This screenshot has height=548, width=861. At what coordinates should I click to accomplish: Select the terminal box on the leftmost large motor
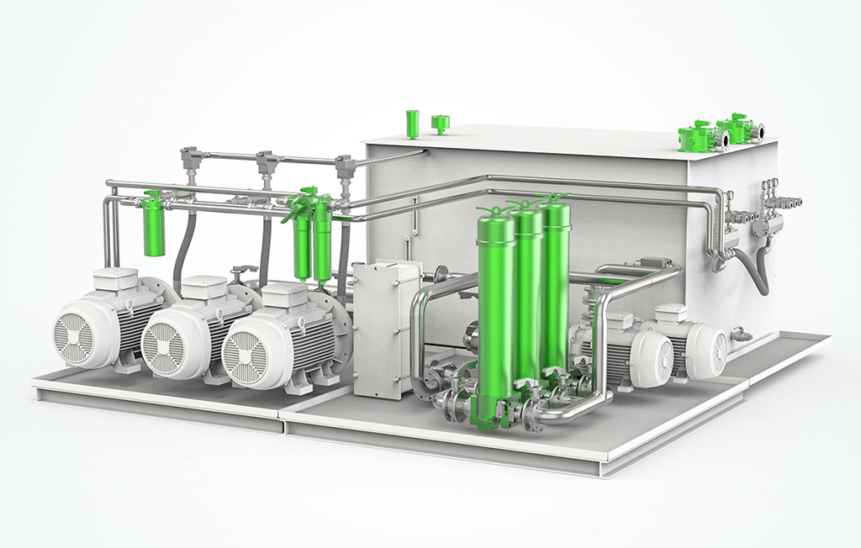point(115,279)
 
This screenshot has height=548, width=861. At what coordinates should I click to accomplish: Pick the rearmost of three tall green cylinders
point(556,277)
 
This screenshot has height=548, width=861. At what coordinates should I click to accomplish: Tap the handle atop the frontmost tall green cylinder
point(493,210)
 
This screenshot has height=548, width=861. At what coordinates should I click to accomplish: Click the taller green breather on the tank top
point(413,123)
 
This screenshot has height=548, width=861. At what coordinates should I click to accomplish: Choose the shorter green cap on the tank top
point(440,124)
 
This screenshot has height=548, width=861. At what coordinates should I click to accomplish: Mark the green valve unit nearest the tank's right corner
point(738,128)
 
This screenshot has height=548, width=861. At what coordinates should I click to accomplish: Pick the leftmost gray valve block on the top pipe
point(191,158)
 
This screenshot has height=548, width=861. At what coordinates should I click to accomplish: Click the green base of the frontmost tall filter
point(485,412)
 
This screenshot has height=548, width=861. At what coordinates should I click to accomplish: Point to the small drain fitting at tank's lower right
point(741,335)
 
